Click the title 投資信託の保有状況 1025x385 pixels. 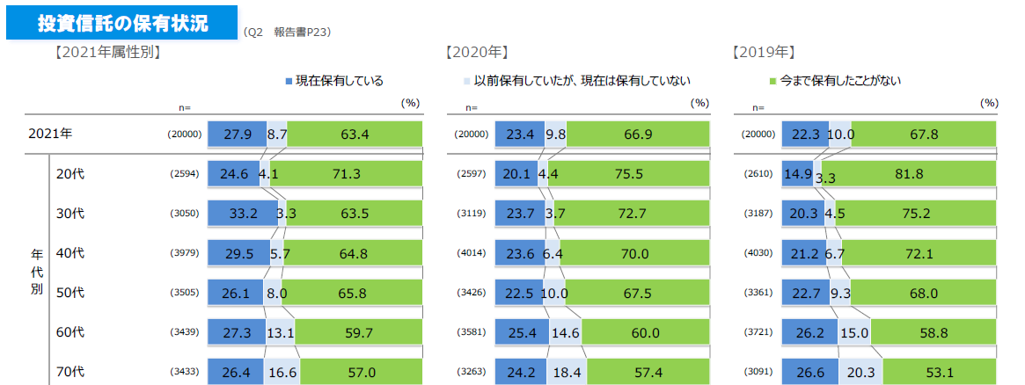122,24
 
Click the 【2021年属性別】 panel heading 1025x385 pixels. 106,53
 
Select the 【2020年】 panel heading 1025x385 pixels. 478,53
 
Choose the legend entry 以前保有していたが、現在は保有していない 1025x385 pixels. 575,81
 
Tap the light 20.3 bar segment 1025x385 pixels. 860,372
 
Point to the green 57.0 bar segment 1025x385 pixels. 362,372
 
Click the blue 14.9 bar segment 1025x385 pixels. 798,174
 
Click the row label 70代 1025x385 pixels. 70,372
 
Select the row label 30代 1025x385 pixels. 70,214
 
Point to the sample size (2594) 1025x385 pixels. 185,174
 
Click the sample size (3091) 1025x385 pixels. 760,372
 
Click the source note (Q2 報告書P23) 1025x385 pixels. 287,33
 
